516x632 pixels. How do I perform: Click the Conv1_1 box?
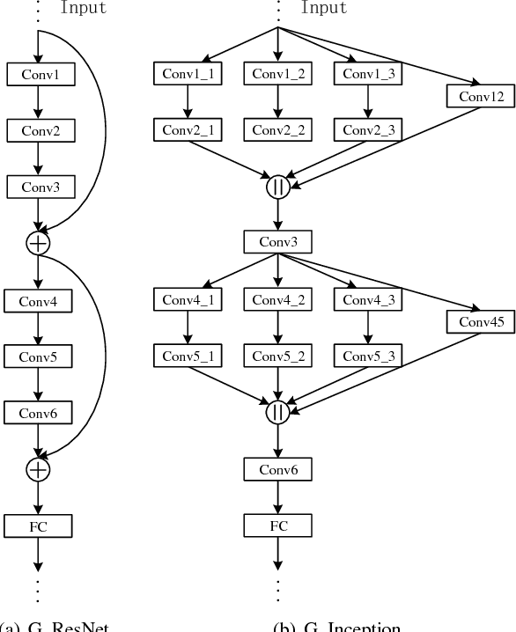[x=188, y=74]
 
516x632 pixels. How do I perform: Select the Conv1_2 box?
[x=278, y=74]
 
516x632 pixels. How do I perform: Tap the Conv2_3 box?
[x=368, y=130]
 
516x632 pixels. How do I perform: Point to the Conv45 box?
[x=480, y=321]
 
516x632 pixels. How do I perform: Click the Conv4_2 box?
[x=278, y=299]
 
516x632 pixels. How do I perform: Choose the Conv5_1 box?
[x=188, y=356]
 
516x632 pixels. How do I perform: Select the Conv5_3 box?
[x=368, y=356]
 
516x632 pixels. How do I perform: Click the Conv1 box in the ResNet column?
[x=38, y=74]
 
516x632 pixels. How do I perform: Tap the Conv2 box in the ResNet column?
[x=38, y=130]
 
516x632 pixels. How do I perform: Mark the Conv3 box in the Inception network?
[x=278, y=241]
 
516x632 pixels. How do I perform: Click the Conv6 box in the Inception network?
[x=278, y=470]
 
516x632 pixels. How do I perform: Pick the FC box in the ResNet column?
[x=38, y=526]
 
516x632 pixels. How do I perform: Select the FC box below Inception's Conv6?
[x=278, y=526]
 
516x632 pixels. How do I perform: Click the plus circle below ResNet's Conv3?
[x=39, y=243]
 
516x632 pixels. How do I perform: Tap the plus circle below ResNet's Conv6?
[x=39, y=470]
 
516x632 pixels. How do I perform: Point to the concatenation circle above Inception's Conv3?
[x=278, y=187]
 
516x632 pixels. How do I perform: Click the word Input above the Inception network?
[x=324, y=8]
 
